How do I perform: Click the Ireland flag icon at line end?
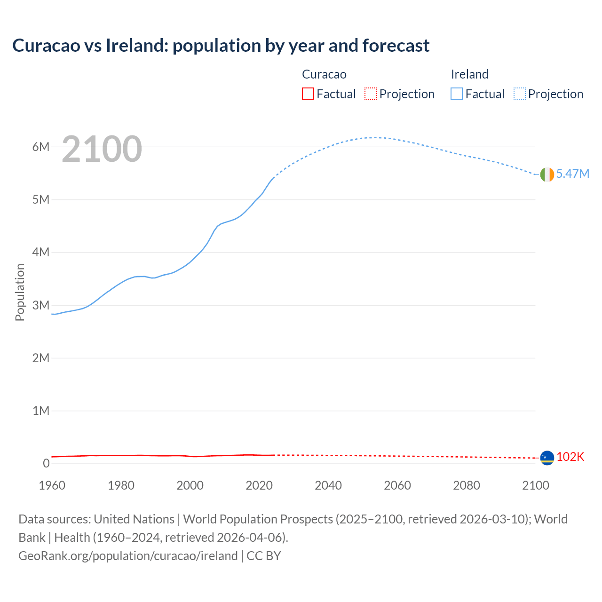click(547, 174)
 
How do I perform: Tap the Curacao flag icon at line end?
click(547, 458)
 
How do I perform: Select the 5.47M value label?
click(572, 174)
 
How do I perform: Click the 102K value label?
click(570, 457)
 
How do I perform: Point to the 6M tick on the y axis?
click(41, 147)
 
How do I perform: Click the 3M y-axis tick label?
click(41, 305)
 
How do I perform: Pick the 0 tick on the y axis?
click(46, 463)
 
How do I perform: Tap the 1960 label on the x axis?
click(52, 485)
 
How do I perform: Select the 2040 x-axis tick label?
click(328, 485)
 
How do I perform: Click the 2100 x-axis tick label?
click(535, 485)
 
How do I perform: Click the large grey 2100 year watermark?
click(102, 149)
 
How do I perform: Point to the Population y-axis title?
click(20, 292)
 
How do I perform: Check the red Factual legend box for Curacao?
click(308, 94)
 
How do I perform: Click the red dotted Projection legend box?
click(371, 94)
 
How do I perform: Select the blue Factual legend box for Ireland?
click(457, 94)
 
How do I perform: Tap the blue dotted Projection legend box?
click(520, 94)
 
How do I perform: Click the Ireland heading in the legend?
click(469, 74)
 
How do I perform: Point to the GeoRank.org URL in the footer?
click(128, 555)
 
